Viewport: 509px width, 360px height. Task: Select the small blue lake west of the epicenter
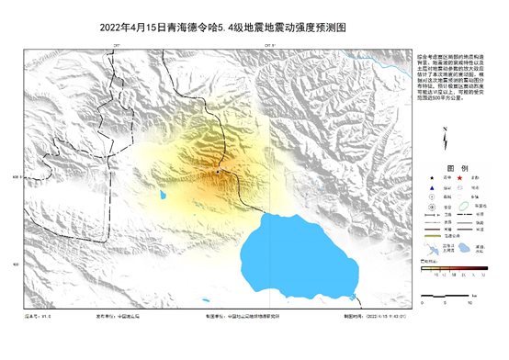[163, 195]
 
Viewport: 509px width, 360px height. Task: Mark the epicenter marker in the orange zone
[219, 171]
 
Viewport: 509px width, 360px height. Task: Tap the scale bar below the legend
[446, 296]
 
